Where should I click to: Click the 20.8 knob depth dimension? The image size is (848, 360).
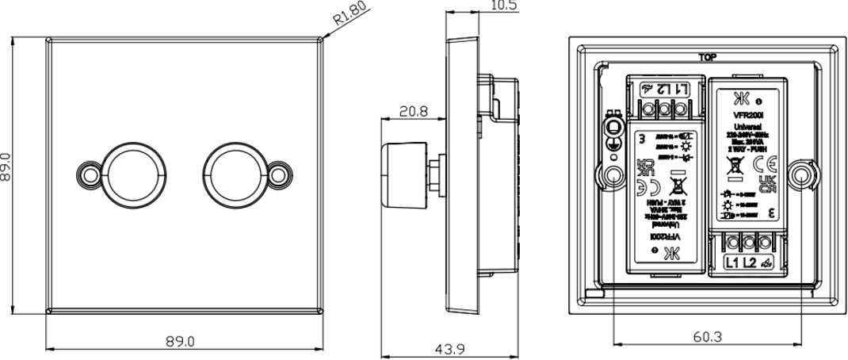(x=414, y=112)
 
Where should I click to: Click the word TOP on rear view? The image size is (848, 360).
(x=708, y=57)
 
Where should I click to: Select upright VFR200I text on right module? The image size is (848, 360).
(x=747, y=113)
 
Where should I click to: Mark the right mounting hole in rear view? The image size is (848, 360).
(x=801, y=174)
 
